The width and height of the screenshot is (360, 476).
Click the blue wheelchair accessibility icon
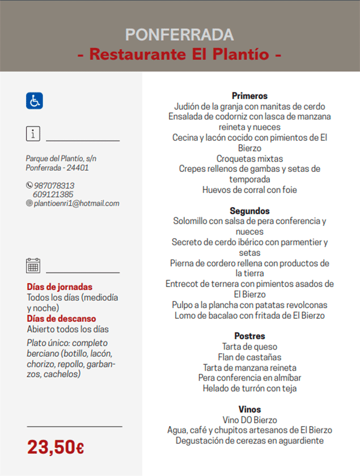tap(35, 100)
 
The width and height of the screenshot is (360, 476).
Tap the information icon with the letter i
tap(33, 134)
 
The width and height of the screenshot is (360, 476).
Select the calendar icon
tap(33, 266)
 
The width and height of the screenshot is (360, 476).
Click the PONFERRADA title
tap(179, 35)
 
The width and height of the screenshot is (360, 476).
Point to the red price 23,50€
tap(56, 447)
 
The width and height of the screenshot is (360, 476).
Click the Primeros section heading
tap(249, 96)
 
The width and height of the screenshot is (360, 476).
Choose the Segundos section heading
tap(249, 211)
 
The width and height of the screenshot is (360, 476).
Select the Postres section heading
tap(249, 336)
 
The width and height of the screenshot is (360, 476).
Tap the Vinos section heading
tap(249, 409)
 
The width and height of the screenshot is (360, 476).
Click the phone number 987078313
tap(54, 186)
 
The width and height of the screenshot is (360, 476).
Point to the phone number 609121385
tap(53, 195)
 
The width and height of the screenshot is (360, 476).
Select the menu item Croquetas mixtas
tap(249, 158)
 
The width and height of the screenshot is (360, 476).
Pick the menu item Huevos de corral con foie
tap(249, 190)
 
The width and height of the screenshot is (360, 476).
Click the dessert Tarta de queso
tap(249, 347)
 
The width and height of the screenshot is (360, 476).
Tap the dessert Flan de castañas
tap(249, 357)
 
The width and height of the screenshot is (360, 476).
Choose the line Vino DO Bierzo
tap(249, 420)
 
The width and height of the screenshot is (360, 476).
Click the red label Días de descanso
tap(61, 319)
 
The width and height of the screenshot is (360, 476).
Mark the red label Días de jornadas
tap(60, 287)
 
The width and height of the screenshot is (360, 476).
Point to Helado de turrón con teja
tap(249, 389)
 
